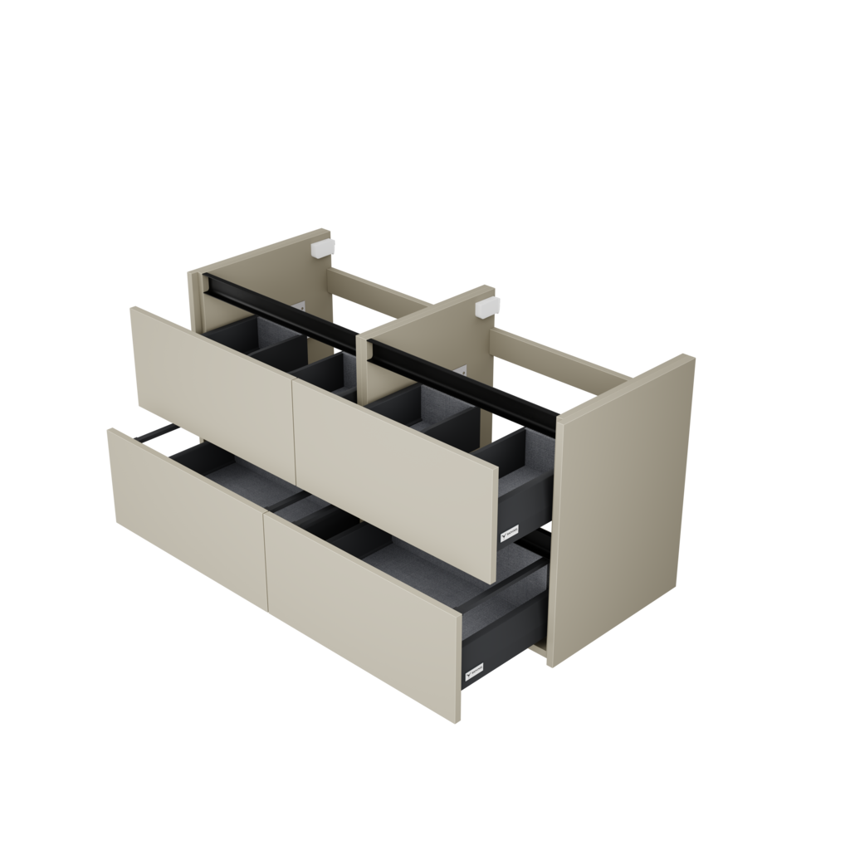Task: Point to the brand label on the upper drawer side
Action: (x=510, y=530)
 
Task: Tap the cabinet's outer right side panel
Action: (x=627, y=506)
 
